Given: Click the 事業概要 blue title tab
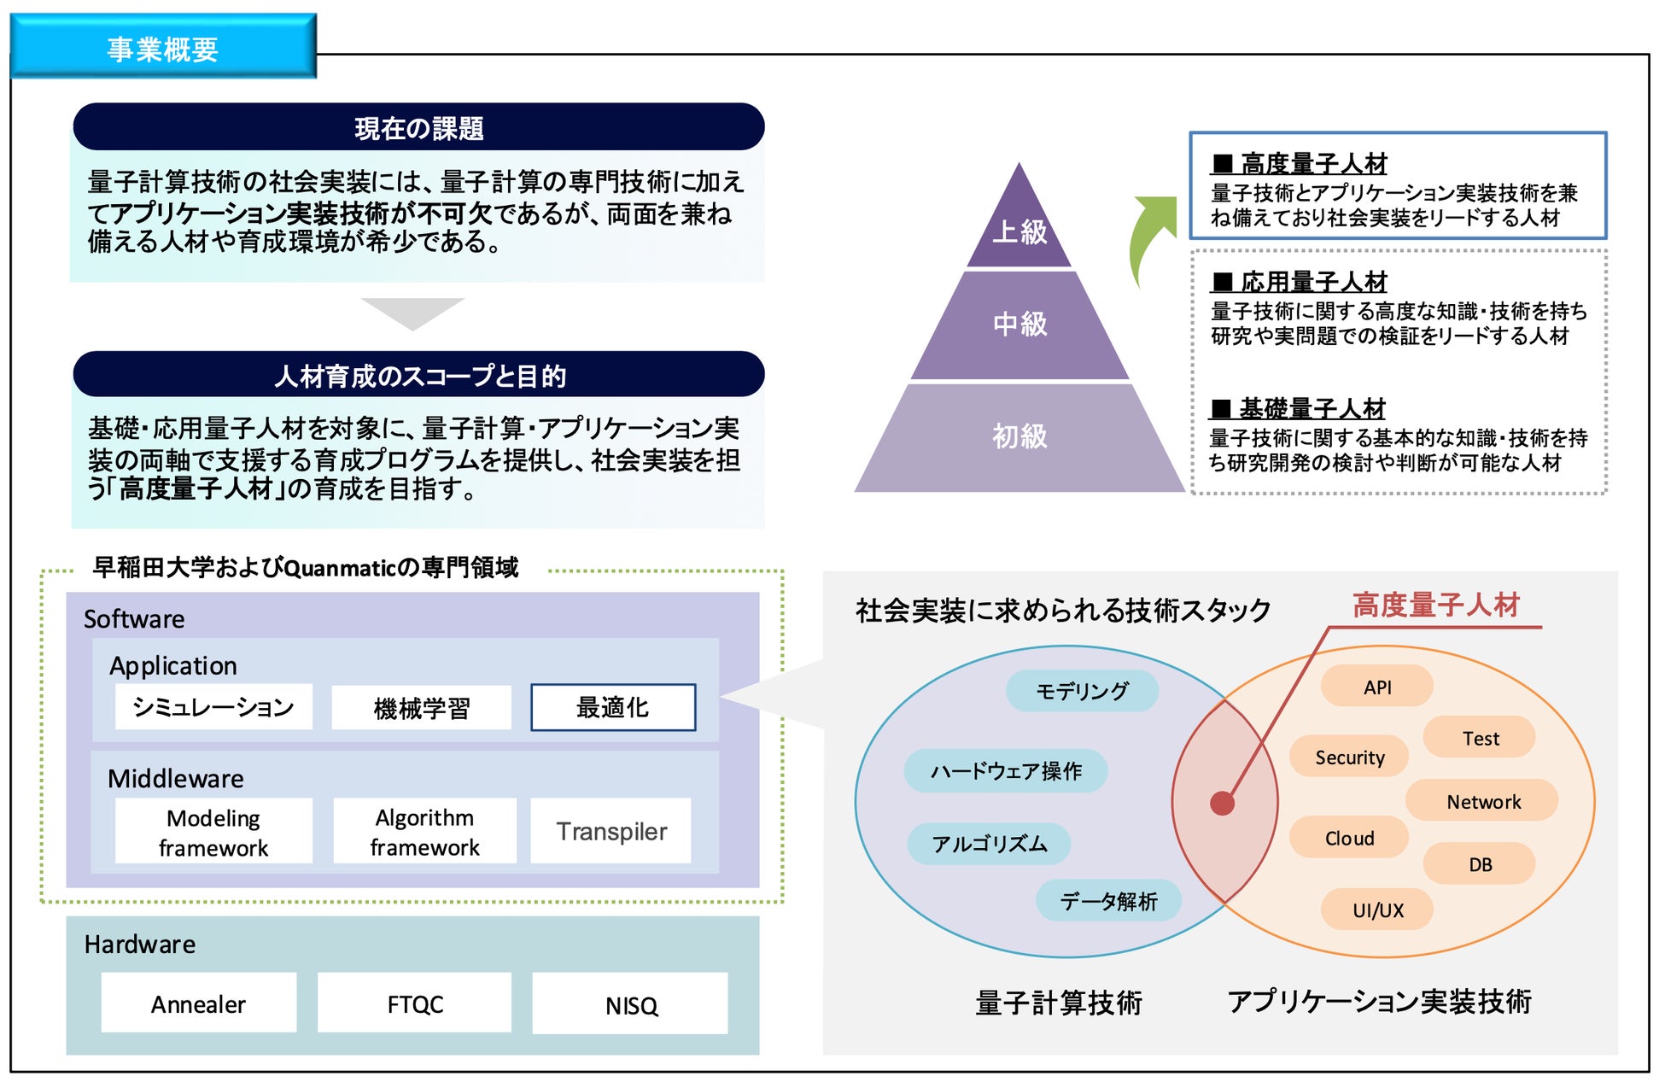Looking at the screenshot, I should pyautogui.click(x=162, y=48).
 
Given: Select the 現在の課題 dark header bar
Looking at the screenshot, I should pyautogui.click(x=418, y=127).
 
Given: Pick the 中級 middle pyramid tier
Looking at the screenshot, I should pyautogui.click(x=1019, y=325).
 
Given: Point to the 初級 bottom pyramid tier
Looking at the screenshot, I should pyautogui.click(x=1019, y=437).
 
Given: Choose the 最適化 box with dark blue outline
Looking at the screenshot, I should pyautogui.click(x=613, y=707).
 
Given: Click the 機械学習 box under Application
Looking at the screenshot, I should pyautogui.click(x=421, y=707).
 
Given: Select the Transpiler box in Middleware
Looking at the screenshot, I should pyautogui.click(x=611, y=831).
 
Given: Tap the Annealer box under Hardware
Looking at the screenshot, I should pyautogui.click(x=198, y=1003).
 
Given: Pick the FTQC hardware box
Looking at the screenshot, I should pyautogui.click(x=415, y=1003).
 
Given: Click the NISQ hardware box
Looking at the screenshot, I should pyautogui.click(x=631, y=1004).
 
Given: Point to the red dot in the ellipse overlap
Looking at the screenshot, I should pyautogui.click(x=1222, y=804).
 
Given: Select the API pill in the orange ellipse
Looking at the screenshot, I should pyautogui.click(x=1376, y=687).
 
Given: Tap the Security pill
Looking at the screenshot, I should pyautogui.click(x=1349, y=757).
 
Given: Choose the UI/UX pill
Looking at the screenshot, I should pyautogui.click(x=1376, y=910).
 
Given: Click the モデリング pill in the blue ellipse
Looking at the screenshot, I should pyautogui.click(x=1082, y=691).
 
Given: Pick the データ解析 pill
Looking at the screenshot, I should pyautogui.click(x=1108, y=901).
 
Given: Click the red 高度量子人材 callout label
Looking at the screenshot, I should pyautogui.click(x=1436, y=605).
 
